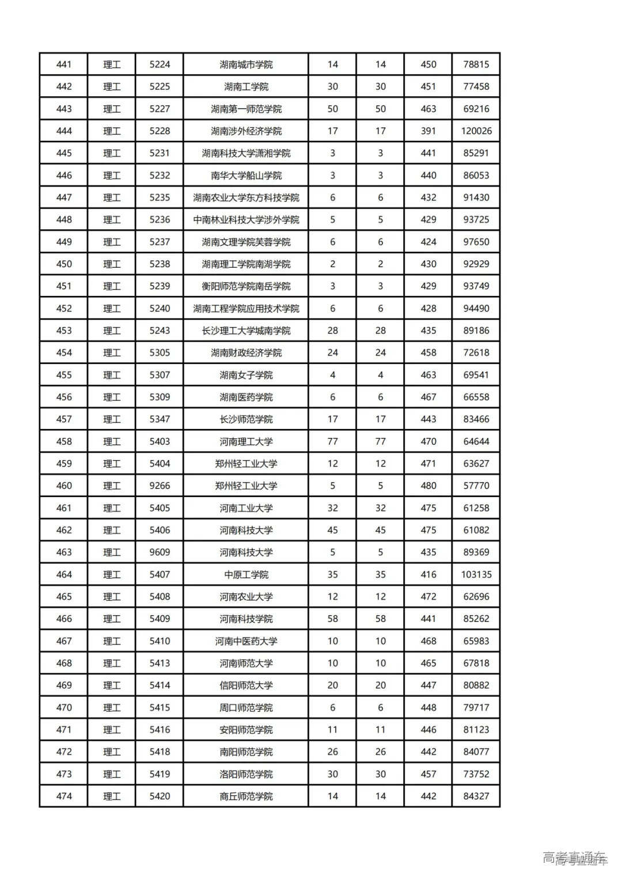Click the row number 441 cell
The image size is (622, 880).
point(64,65)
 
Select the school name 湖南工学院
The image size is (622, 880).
point(246,87)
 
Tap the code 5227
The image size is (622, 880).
point(160,109)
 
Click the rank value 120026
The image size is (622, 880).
point(476,131)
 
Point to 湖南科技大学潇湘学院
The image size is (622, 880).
point(246,153)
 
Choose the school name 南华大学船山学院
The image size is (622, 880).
point(246,176)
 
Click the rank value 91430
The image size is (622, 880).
point(476,198)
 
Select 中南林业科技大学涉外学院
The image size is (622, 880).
point(246,220)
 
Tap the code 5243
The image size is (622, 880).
point(160,331)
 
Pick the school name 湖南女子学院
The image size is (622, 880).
point(246,375)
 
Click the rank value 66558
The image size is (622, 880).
point(476,397)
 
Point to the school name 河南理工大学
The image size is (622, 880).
point(246,442)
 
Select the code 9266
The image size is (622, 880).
point(160,486)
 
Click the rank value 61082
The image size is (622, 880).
point(476,530)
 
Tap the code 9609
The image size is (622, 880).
point(160,552)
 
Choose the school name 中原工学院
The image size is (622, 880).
point(246,575)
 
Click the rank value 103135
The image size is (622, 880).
point(476,575)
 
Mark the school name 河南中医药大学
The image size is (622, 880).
point(246,641)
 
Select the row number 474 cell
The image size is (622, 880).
point(64,796)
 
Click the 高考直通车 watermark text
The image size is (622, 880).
point(574,858)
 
